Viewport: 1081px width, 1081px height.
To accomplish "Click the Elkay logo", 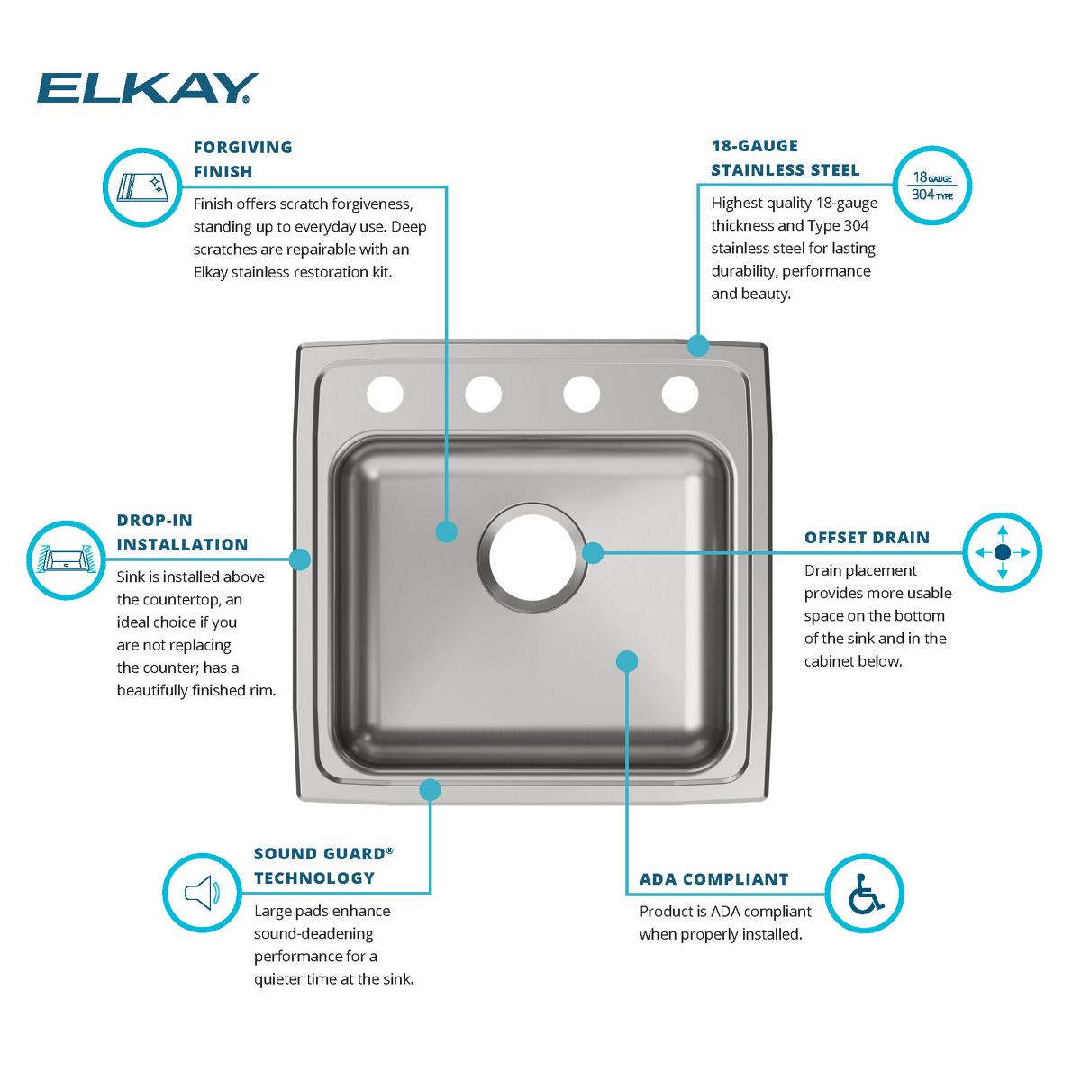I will [147, 88].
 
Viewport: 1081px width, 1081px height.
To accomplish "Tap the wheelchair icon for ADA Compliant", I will [864, 893].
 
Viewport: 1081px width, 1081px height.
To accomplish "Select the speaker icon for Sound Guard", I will [202, 893].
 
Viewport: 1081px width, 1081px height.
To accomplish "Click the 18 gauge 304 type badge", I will [932, 186].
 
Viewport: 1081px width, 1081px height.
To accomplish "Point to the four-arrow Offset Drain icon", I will [1003, 552].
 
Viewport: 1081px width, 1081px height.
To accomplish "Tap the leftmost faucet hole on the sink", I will [385, 394].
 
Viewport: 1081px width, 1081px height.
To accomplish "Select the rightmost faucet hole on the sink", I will [680, 394].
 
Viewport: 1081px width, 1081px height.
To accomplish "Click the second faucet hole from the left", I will [484, 394].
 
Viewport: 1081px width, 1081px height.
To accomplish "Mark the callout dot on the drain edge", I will [593, 552].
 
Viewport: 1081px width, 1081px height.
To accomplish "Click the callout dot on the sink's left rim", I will [300, 559].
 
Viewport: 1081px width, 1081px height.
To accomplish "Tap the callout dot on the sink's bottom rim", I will [431, 790].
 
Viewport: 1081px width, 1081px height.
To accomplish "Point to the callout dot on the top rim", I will [697, 345].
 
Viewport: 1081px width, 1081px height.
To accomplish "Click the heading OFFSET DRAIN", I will [867, 538].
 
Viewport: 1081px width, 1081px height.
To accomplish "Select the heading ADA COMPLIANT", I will [713, 879].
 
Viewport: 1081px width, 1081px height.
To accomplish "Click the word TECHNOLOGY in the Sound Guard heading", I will [313, 877].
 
